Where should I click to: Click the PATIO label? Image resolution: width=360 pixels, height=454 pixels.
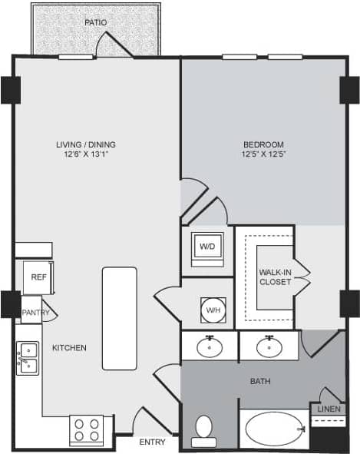pyautogui.click(x=95, y=22)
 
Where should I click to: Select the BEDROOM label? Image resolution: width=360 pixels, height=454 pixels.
pyautogui.click(x=263, y=144)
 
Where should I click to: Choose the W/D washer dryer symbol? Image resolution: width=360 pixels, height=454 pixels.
pyautogui.click(x=207, y=247)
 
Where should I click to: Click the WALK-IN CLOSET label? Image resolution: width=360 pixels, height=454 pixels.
pyautogui.click(x=275, y=277)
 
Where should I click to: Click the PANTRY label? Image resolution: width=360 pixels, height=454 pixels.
pyautogui.click(x=35, y=313)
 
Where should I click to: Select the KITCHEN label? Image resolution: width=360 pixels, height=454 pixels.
pyautogui.click(x=69, y=348)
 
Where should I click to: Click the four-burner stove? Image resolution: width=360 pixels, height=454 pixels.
pyautogui.click(x=86, y=429)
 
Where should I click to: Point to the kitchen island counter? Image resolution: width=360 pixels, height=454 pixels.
pyautogui.click(x=120, y=318)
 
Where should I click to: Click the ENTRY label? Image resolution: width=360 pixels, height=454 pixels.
pyautogui.click(x=151, y=442)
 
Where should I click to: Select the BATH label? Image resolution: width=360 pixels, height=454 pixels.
pyautogui.click(x=260, y=381)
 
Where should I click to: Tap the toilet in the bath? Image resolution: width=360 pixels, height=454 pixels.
pyautogui.click(x=204, y=430)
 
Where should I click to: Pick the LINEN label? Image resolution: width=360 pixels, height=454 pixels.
pyautogui.click(x=328, y=409)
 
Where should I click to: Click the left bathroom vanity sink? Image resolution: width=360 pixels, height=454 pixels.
pyautogui.click(x=210, y=347)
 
